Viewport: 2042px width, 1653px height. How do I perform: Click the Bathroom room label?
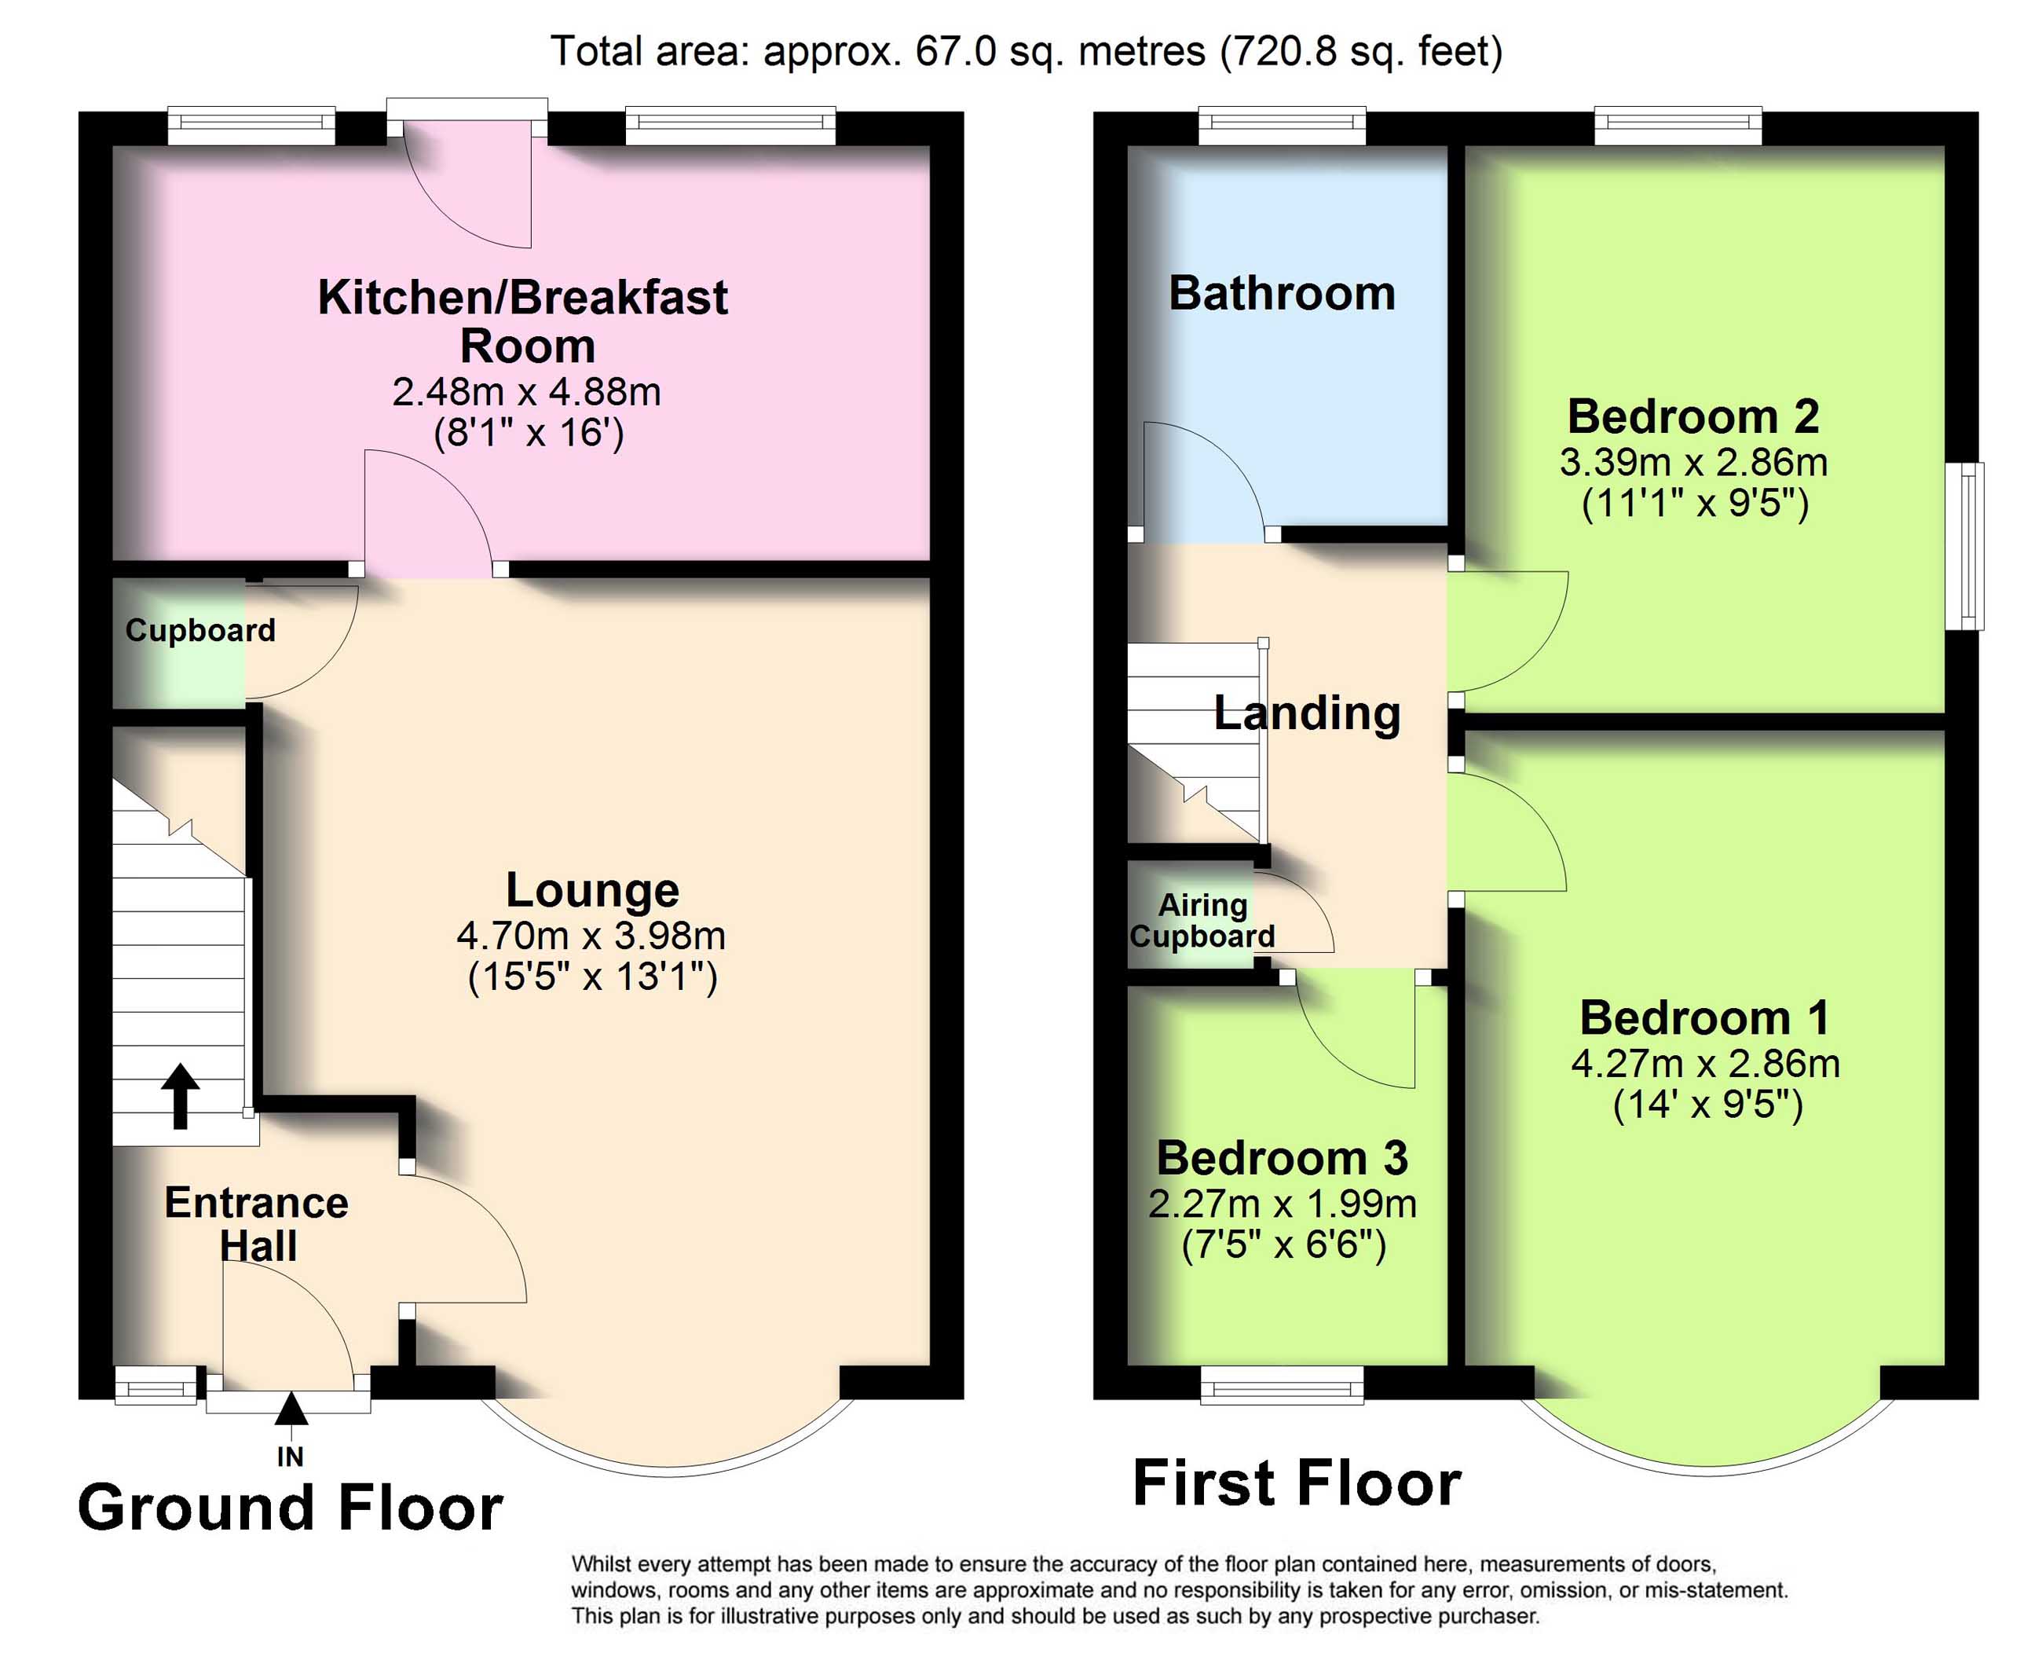tap(1282, 292)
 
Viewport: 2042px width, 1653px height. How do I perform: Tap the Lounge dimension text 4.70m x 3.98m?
tap(591, 936)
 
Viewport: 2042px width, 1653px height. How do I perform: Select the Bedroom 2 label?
tap(1693, 416)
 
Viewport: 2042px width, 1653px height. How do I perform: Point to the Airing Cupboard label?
tap(1202, 921)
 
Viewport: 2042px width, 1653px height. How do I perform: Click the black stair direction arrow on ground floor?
tap(180, 1095)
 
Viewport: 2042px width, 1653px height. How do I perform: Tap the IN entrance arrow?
tap(291, 1409)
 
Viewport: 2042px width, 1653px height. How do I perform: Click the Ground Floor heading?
tap(291, 1508)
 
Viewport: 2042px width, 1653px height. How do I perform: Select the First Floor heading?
tap(1297, 1483)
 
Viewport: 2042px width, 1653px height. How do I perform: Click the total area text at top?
tap(1026, 50)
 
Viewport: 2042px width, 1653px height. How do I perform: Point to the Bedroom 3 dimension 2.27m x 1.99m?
tap(1283, 1204)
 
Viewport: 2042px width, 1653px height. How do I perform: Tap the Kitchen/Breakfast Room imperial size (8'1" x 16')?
tap(529, 433)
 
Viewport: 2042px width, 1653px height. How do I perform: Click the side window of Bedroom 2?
tap(1964, 545)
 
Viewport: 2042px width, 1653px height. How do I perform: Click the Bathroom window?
tap(1283, 126)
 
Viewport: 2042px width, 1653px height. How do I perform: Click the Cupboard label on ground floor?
tap(200, 629)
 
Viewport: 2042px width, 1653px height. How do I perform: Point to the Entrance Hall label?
tap(257, 1225)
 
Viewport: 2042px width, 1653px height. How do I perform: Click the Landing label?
tap(1307, 713)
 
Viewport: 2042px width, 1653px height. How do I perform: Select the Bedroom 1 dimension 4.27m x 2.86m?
tap(1705, 1064)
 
